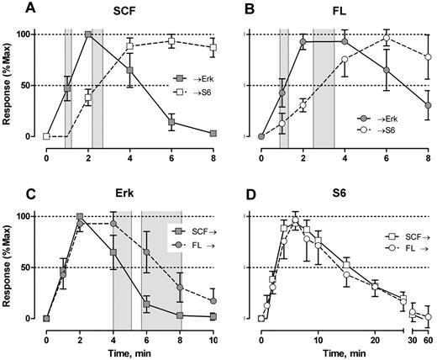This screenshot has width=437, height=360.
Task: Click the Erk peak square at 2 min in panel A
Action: tap(88, 34)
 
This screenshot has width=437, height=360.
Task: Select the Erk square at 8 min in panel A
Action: tap(213, 134)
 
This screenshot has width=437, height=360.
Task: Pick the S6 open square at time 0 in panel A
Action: tap(47, 136)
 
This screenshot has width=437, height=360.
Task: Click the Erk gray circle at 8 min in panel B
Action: tap(428, 105)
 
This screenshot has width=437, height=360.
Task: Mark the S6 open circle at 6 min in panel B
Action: tap(387, 39)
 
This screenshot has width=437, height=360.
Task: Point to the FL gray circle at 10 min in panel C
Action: tap(213, 300)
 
